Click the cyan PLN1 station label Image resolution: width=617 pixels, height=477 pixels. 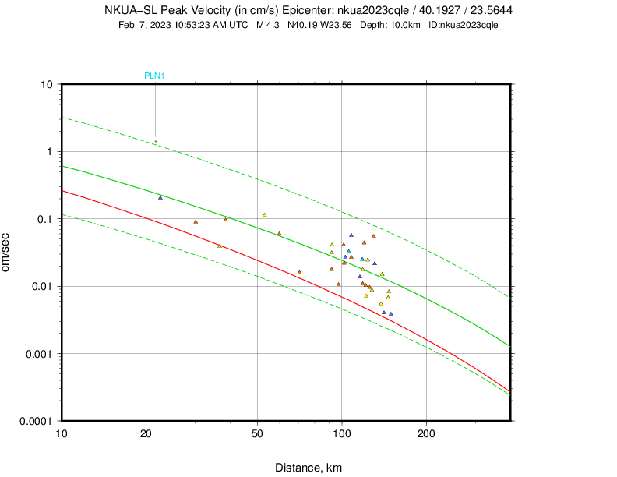point(154,76)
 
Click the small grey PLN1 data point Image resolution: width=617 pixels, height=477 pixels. point(156,141)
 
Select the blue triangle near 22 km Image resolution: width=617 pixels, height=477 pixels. point(160,197)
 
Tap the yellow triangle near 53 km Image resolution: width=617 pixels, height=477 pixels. point(265,215)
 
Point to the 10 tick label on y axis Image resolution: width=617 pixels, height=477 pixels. point(47,84)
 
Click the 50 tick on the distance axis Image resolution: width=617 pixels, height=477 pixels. point(257,433)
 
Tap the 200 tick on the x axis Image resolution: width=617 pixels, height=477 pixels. point(426,433)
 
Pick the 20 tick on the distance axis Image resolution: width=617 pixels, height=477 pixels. point(146,433)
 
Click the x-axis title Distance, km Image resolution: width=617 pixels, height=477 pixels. point(308,468)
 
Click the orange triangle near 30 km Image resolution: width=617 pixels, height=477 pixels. point(196,221)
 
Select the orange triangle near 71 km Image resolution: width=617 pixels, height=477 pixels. point(299,272)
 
